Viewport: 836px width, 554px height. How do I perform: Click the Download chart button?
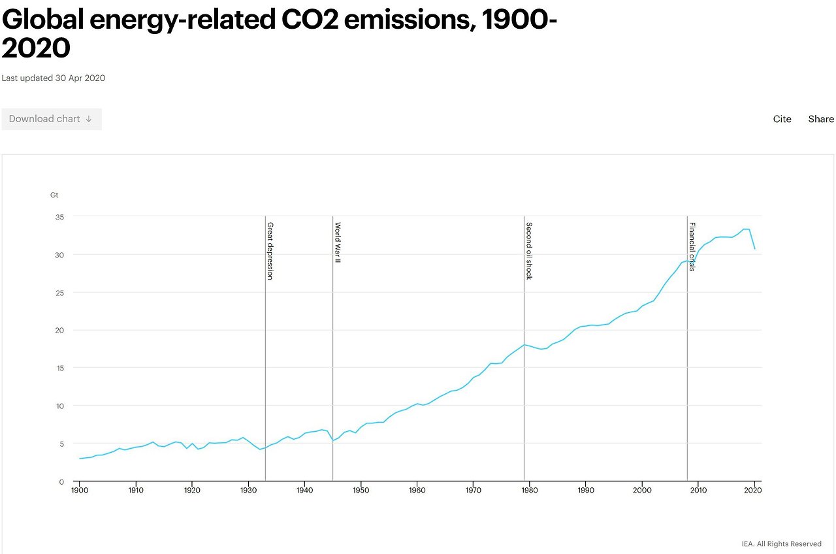[51, 119]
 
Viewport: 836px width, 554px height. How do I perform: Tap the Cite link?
[782, 119]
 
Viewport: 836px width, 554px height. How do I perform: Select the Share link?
[821, 119]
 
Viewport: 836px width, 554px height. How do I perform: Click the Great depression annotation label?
[270, 251]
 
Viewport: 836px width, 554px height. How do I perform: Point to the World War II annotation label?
[338, 242]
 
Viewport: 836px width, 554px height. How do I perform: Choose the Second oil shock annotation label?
[529, 251]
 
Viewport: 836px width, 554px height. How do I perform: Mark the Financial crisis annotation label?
[692, 247]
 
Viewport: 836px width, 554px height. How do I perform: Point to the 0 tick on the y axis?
[61, 482]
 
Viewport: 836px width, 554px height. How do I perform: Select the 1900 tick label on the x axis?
[80, 490]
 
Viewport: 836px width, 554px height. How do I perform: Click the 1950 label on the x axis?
[361, 490]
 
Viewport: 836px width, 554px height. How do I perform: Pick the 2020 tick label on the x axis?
[754, 490]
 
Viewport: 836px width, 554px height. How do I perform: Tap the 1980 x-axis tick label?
[530, 490]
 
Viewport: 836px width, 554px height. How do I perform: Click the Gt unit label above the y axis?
[54, 195]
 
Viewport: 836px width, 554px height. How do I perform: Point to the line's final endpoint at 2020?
[755, 249]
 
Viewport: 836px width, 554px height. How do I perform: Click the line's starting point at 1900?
[80, 459]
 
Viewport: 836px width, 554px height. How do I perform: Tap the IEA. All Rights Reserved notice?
[781, 544]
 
